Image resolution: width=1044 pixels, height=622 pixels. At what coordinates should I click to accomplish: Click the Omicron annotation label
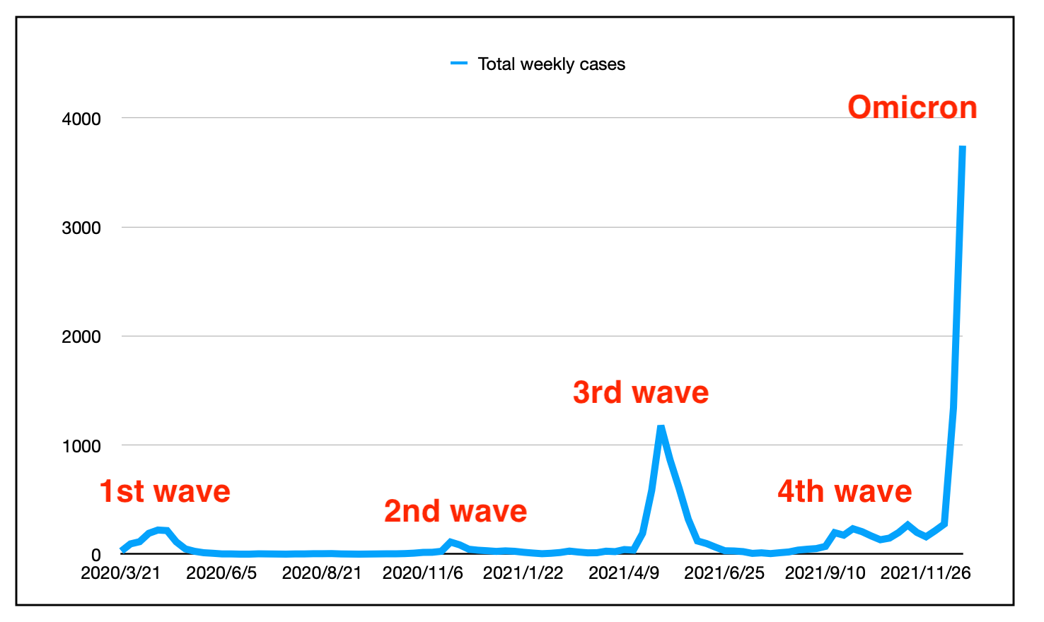click(x=912, y=107)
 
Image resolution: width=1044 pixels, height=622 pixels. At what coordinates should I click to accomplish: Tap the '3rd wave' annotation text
click(x=640, y=392)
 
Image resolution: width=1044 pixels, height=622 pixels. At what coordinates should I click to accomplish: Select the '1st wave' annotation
click(x=165, y=491)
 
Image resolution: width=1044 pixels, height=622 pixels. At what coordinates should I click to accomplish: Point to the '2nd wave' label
click(x=456, y=511)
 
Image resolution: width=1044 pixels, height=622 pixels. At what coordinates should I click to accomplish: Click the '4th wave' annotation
click(x=845, y=491)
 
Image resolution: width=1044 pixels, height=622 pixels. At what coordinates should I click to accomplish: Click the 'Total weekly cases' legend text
click(x=551, y=64)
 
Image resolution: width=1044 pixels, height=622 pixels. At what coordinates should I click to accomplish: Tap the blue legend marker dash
click(x=459, y=64)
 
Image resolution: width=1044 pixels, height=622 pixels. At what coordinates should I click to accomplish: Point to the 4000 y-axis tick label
click(x=81, y=119)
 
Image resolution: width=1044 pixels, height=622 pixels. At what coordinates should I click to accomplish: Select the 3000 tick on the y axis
click(x=81, y=228)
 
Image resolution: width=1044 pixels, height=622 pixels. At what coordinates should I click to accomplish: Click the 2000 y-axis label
click(x=81, y=336)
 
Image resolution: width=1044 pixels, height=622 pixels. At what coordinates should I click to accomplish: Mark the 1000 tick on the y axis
click(x=81, y=446)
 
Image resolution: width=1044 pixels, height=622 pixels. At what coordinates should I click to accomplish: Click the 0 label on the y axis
click(x=95, y=556)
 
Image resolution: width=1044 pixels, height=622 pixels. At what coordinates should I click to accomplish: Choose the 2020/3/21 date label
click(x=121, y=573)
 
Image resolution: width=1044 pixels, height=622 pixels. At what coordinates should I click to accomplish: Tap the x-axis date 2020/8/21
click(x=322, y=573)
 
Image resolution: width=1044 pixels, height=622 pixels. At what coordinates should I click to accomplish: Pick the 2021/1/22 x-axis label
click(x=523, y=573)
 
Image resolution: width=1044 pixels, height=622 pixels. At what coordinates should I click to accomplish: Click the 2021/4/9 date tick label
click(x=624, y=573)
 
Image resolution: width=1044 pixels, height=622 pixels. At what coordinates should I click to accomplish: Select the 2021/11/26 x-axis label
click(x=925, y=573)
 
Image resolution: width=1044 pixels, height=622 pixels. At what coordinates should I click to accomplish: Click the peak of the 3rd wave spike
click(x=661, y=427)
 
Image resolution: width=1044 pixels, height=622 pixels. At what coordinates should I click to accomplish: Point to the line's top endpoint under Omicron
click(x=963, y=147)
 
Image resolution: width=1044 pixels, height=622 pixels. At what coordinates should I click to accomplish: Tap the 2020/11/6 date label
click(x=422, y=573)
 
